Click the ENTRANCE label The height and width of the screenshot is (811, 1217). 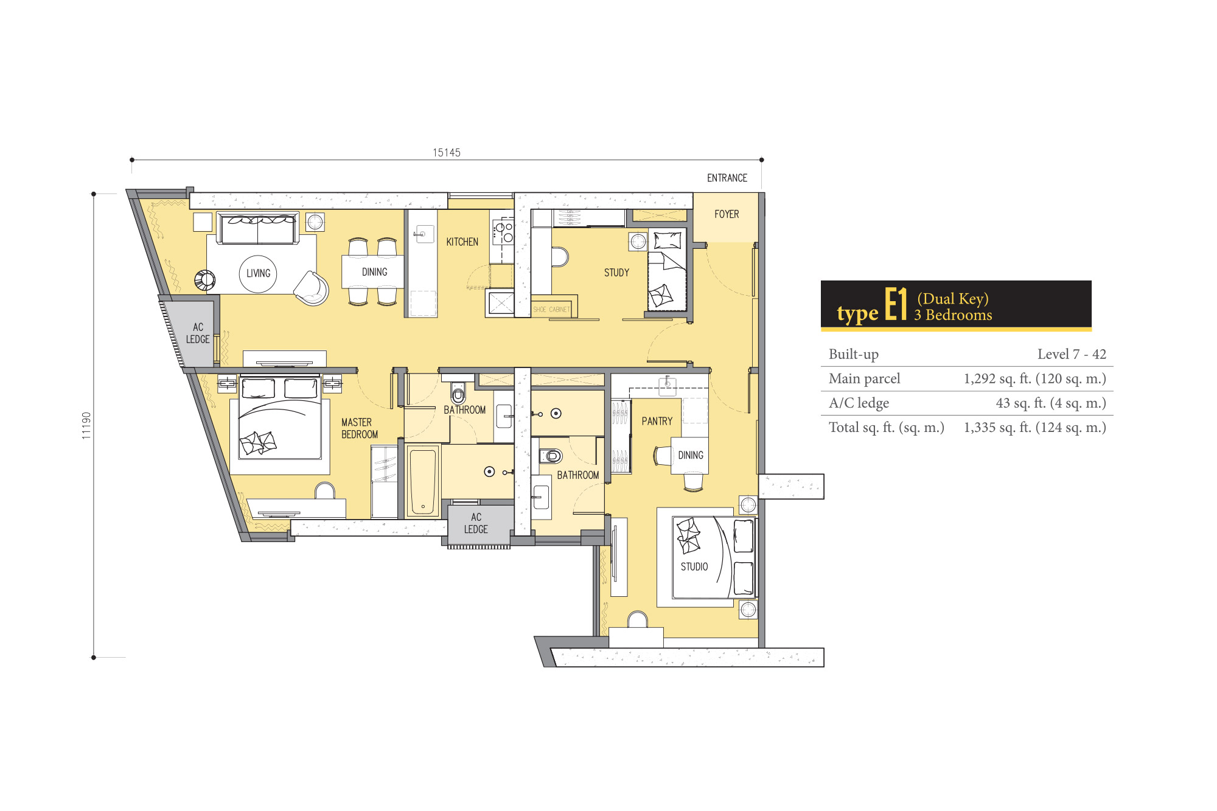pyautogui.click(x=727, y=178)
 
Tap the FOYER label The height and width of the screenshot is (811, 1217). pyautogui.click(x=727, y=214)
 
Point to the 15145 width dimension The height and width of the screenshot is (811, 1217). pyautogui.click(x=447, y=153)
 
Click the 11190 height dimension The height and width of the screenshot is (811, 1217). pyautogui.click(x=86, y=425)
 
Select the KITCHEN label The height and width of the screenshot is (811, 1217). pyautogui.click(x=462, y=242)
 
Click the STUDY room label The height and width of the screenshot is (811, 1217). pyautogui.click(x=616, y=273)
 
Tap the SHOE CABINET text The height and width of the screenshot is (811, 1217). pyautogui.click(x=551, y=310)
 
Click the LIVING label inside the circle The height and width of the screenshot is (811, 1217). pyautogui.click(x=258, y=273)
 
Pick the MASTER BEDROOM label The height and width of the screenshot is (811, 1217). pyautogui.click(x=360, y=428)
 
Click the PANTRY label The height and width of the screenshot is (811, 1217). pyautogui.click(x=657, y=421)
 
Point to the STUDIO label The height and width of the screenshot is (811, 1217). pyautogui.click(x=694, y=566)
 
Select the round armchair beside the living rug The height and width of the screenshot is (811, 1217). pyautogui.click(x=312, y=288)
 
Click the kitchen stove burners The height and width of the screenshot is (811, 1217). pyautogui.click(x=504, y=232)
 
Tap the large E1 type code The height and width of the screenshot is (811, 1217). pyautogui.click(x=896, y=304)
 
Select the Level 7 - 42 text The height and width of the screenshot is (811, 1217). pyautogui.click(x=1072, y=354)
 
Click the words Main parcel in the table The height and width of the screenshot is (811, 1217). pyautogui.click(x=864, y=378)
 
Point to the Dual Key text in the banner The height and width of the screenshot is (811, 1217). pyautogui.click(x=953, y=299)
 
